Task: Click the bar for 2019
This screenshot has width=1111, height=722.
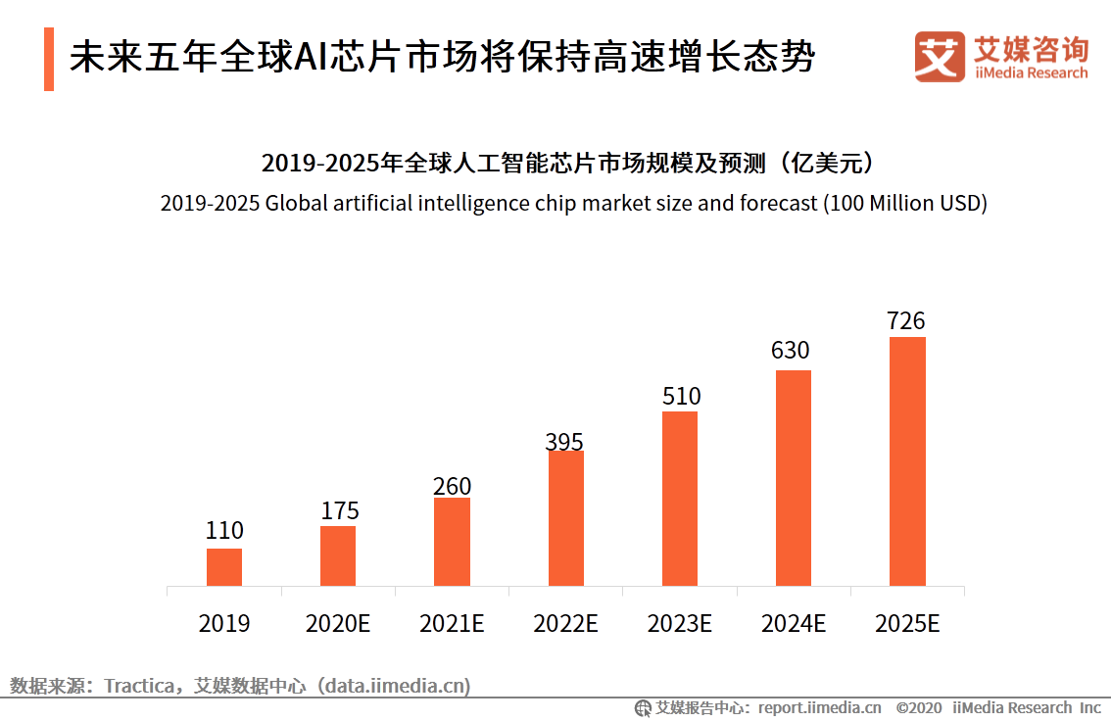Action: (224, 567)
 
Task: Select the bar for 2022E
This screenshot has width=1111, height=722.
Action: (565, 518)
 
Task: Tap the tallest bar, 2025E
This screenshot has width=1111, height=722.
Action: (907, 461)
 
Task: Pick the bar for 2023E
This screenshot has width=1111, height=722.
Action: (680, 499)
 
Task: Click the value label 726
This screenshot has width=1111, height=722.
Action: (906, 321)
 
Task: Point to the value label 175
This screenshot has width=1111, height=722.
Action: (340, 510)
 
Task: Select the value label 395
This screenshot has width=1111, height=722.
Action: (565, 442)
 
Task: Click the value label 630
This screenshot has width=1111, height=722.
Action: (791, 351)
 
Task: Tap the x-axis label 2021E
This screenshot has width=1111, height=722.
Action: (452, 624)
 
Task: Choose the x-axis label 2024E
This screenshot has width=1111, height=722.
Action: (794, 624)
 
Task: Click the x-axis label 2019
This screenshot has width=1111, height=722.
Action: (224, 624)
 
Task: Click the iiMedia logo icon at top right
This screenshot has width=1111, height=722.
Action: (940, 57)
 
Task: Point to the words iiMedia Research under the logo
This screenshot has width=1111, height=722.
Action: (1031, 73)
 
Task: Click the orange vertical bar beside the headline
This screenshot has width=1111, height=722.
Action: (49, 59)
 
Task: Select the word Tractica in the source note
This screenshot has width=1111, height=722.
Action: (139, 686)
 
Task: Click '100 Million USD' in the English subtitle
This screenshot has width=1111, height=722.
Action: (903, 204)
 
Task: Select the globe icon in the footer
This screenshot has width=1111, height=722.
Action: (643, 708)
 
